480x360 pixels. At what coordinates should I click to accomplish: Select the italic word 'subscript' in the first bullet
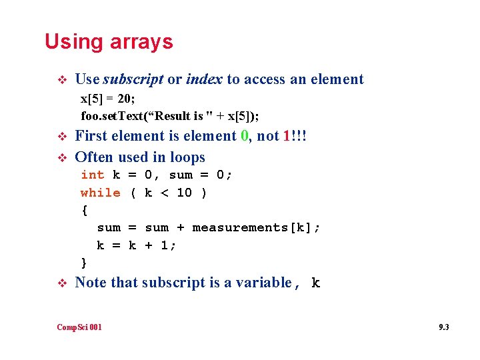(x=133, y=79)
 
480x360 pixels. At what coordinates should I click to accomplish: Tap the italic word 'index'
(x=204, y=79)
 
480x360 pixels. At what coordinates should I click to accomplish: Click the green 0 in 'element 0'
(x=245, y=136)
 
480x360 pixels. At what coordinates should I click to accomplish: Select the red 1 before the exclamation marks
(x=287, y=136)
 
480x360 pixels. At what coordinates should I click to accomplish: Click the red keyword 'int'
(x=92, y=175)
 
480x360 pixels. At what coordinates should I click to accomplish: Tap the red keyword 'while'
(x=100, y=193)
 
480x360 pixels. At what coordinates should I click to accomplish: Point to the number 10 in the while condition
(x=184, y=193)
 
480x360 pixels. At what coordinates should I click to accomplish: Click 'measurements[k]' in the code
(x=256, y=228)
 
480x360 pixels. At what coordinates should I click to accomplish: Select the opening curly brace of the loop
(x=84, y=210)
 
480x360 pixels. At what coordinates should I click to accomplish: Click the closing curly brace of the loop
(x=84, y=263)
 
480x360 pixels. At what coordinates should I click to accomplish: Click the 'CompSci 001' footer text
(x=79, y=327)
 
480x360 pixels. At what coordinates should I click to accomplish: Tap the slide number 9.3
(x=443, y=327)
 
